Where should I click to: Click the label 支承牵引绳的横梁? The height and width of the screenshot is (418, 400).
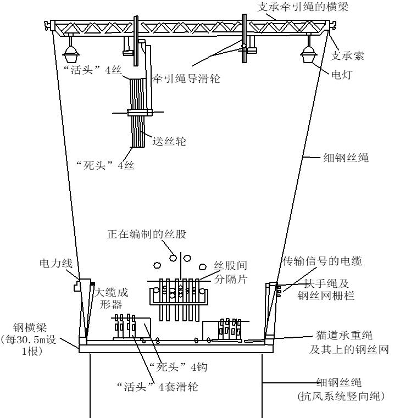[303, 7]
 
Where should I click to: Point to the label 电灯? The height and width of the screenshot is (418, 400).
[342, 75]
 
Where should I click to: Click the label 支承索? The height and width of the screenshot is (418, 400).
[347, 56]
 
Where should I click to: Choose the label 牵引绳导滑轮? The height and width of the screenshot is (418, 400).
[186, 79]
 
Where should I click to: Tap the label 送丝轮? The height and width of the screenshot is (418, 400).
[169, 141]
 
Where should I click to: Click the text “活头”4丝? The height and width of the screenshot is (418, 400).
[93, 70]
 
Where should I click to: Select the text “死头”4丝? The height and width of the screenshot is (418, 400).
[105, 165]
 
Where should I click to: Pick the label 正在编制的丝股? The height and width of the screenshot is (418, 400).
[147, 234]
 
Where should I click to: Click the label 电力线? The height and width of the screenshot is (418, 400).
[56, 263]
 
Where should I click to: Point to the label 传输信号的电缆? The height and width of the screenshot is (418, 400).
[323, 261]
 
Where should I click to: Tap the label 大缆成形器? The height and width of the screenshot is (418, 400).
[112, 298]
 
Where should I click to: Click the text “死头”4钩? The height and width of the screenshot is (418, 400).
[178, 367]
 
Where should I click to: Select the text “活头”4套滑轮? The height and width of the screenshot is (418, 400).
[158, 387]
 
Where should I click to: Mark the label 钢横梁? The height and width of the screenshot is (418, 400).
[30, 327]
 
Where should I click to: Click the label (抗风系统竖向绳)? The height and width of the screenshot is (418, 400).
[341, 396]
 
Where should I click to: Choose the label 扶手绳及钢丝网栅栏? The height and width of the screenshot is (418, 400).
[326, 289]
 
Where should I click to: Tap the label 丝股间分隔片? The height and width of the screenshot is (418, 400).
[231, 272]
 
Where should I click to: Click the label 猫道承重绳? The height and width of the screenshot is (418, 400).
[344, 335]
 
